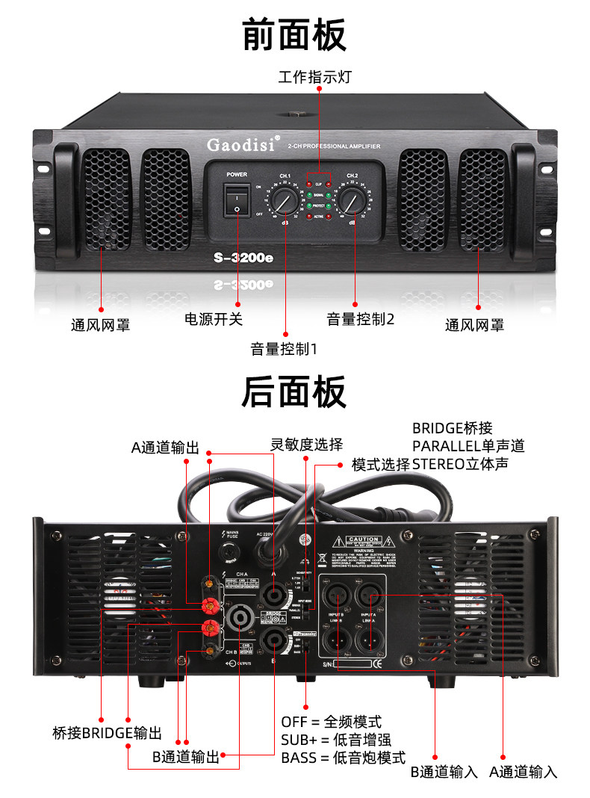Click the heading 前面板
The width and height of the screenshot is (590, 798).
pos(294,35)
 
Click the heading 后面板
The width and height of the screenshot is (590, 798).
pos(294,392)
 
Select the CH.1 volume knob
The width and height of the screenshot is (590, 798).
pos(285,199)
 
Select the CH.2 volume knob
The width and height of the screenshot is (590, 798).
pos(353,199)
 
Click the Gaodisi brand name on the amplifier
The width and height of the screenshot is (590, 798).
pos(235,142)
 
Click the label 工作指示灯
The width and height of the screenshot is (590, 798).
pos(314,77)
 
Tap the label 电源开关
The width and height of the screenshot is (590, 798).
pos(214,319)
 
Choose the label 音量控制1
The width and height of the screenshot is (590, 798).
pos(284,348)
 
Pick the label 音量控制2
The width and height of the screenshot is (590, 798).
pos(360,319)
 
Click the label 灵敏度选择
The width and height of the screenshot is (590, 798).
pos(306,445)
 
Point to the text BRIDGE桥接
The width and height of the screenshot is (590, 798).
pos(453,428)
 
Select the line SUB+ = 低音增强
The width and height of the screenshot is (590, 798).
pos(343,739)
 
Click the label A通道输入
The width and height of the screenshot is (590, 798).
pos(523,772)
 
